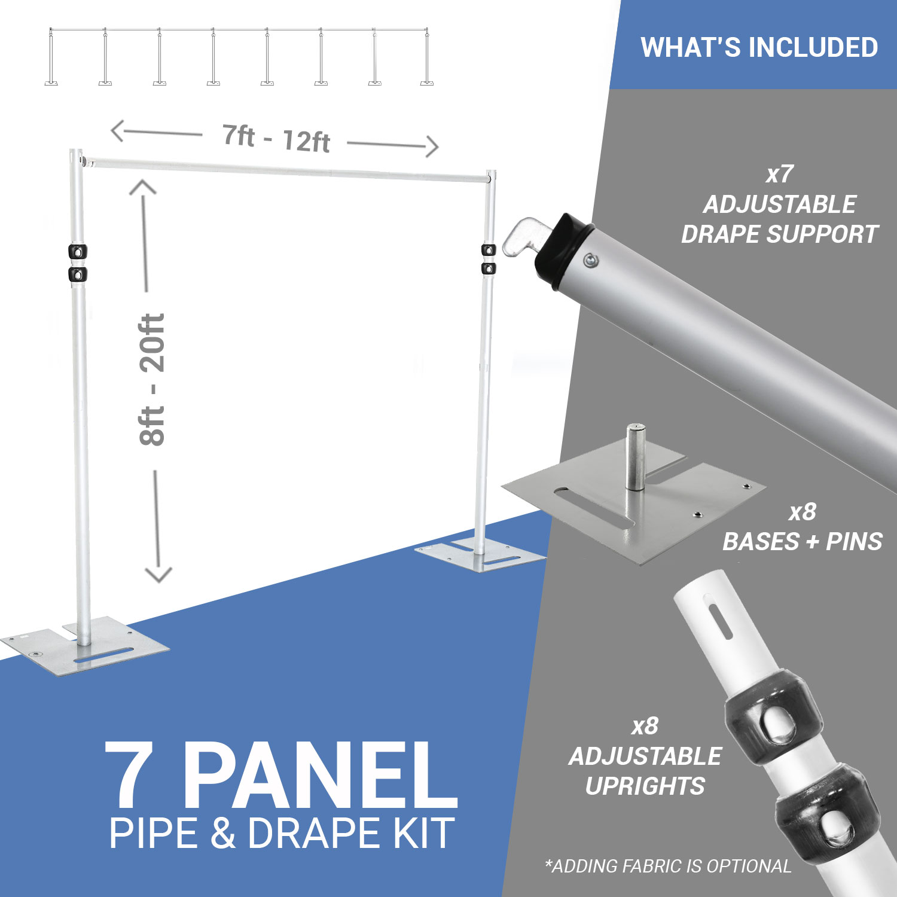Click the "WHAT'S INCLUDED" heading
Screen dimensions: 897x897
click(x=759, y=47)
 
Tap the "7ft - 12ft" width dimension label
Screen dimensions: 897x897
click(x=276, y=139)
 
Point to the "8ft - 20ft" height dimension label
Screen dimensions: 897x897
click(x=152, y=380)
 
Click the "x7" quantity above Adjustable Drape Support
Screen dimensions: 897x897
click(x=779, y=174)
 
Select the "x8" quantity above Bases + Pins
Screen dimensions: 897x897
click(x=803, y=512)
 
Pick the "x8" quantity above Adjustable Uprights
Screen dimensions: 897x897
click(x=645, y=726)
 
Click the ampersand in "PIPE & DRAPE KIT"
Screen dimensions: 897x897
click(x=222, y=833)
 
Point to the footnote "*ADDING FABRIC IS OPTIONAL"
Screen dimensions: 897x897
click(x=668, y=866)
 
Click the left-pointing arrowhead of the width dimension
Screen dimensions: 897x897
click(x=117, y=130)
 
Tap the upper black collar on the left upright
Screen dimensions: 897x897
click(x=78, y=251)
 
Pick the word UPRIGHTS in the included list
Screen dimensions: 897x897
click(x=645, y=786)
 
